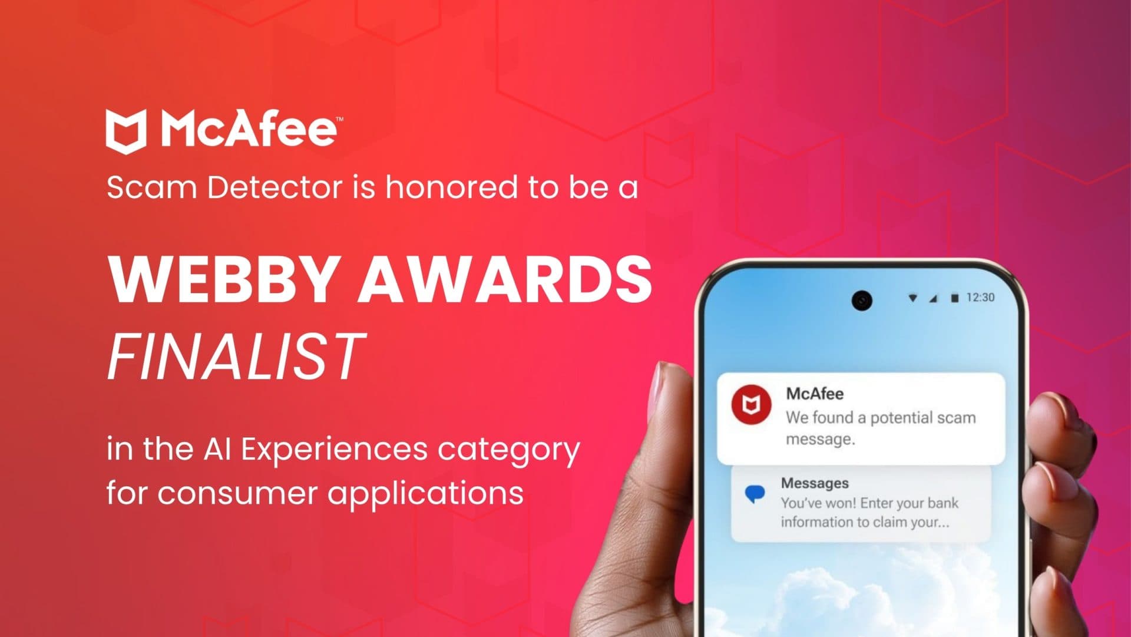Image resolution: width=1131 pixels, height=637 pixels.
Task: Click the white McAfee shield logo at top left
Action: pyautogui.click(x=125, y=131)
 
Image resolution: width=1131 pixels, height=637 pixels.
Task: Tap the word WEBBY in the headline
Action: pyautogui.click(x=223, y=280)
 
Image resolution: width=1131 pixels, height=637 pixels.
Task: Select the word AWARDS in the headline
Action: pyautogui.click(x=505, y=280)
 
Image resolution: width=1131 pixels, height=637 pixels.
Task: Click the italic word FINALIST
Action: pyautogui.click(x=236, y=356)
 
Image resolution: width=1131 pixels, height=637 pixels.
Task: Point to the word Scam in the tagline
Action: pyautogui.click(x=151, y=188)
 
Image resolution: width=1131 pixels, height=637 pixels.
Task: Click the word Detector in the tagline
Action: pyautogui.click(x=275, y=188)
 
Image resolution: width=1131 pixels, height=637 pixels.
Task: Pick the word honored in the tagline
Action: pyautogui.click(x=452, y=188)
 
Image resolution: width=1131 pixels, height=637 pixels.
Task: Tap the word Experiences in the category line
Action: pyautogui.click(x=334, y=449)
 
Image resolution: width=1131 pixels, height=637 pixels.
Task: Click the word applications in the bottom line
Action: pyautogui.click(x=425, y=494)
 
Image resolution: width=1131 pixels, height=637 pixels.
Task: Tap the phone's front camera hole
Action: pyautogui.click(x=861, y=301)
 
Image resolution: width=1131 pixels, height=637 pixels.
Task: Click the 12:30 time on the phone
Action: pyautogui.click(x=980, y=298)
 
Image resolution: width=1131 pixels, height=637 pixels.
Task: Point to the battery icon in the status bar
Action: pyautogui.click(x=954, y=298)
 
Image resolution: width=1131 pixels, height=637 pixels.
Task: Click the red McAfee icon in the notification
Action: pyautogui.click(x=751, y=404)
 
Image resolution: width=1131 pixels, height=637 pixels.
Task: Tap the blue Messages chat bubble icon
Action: pyautogui.click(x=755, y=493)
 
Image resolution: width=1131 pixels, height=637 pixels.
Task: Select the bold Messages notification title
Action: pyautogui.click(x=815, y=483)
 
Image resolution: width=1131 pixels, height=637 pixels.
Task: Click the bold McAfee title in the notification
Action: pyautogui.click(x=815, y=394)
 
